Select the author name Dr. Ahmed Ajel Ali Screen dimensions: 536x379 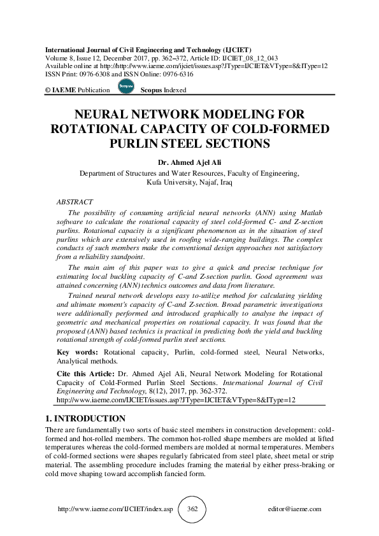189,162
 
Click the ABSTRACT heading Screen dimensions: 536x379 75,202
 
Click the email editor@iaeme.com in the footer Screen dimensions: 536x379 295,510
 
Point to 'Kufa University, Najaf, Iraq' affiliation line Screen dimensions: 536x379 189,182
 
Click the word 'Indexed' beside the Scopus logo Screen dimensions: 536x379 175,90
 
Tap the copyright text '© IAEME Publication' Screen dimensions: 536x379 77,90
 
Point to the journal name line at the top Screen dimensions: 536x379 148,49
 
